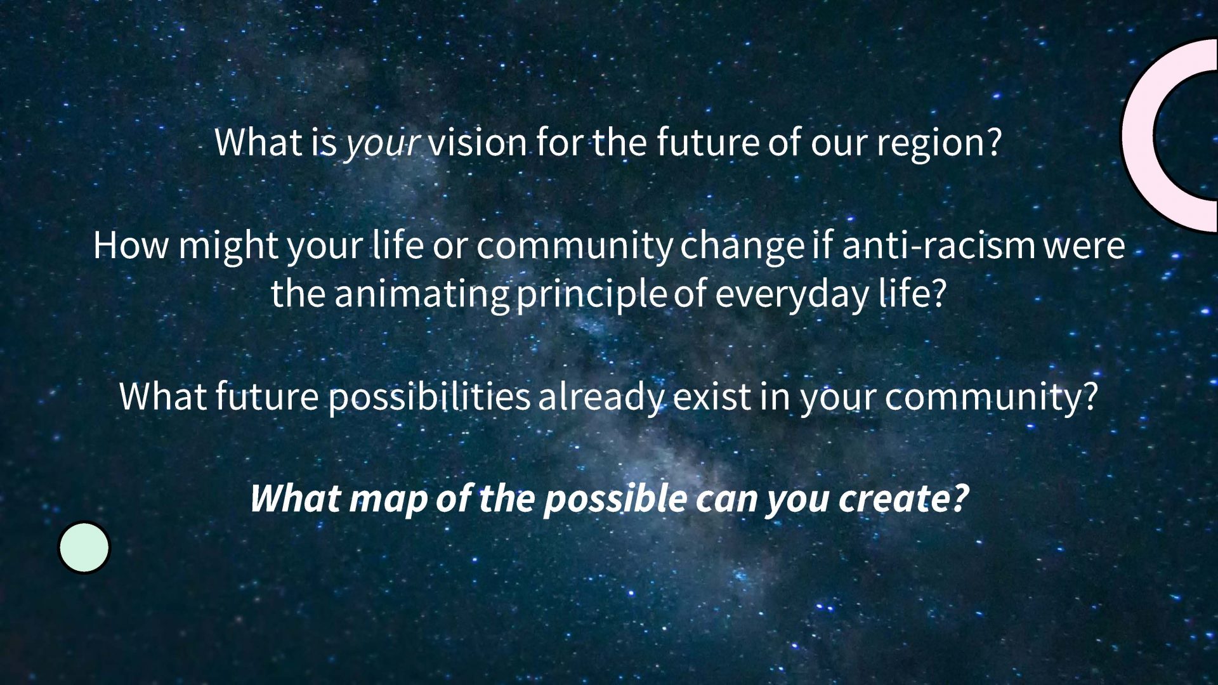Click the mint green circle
click(84, 547)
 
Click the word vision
click(477, 142)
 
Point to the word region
click(939, 143)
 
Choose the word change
click(742, 246)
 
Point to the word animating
click(421, 294)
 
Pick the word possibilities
click(429, 397)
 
